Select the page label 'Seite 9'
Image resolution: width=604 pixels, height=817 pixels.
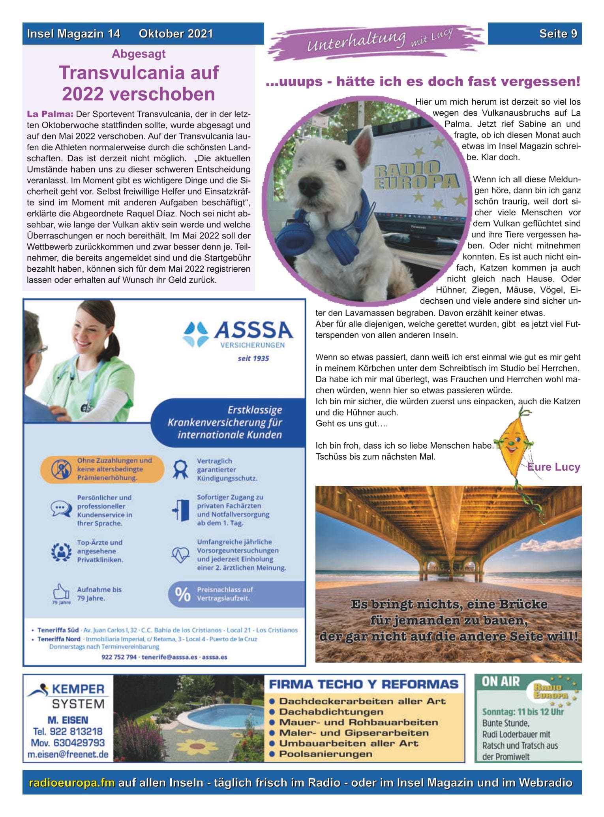pos(558,34)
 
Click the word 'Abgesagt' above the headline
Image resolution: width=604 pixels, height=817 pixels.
pos(139,54)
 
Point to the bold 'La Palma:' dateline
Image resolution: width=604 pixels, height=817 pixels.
pos(50,115)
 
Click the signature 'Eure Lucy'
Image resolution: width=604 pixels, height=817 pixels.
pos(554,467)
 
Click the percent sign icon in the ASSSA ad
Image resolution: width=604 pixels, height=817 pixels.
pos(182,595)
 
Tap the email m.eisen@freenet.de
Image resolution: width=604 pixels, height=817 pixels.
pos(68,754)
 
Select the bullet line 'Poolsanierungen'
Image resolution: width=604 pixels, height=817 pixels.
pos(325,754)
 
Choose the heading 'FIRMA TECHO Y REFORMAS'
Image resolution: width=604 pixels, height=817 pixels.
pos(364,684)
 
